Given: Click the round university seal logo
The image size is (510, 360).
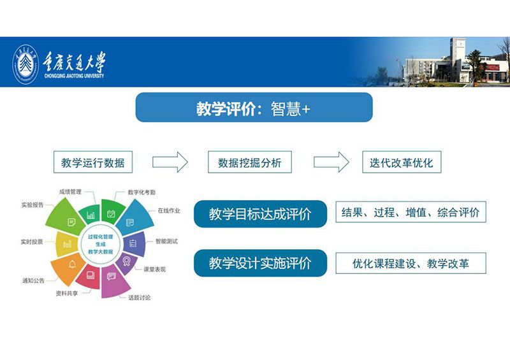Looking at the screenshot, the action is [25, 64].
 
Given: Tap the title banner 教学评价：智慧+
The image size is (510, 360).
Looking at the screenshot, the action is [254, 107].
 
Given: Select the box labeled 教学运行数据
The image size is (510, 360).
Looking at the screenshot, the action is [93, 162].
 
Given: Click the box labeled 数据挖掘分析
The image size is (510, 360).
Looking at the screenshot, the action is [250, 162].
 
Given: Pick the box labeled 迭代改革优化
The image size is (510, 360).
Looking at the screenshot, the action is [402, 162].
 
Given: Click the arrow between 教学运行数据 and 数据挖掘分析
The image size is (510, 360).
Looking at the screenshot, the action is [170, 162].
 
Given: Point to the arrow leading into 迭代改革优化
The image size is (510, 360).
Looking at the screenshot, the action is [331, 162].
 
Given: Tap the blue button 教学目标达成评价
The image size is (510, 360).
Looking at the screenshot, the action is [260, 214].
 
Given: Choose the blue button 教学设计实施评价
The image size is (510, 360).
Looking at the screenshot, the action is [260, 263].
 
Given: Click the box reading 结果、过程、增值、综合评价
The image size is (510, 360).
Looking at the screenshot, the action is [411, 212].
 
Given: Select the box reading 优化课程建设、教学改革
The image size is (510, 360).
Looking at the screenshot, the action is [411, 263].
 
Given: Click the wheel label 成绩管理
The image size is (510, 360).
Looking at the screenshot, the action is [70, 192].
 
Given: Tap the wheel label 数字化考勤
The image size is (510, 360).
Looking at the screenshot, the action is [142, 192].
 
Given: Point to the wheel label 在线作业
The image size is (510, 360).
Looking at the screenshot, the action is [169, 211].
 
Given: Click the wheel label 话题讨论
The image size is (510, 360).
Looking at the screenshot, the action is [139, 298].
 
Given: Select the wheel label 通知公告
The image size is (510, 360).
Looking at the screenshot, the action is [33, 280].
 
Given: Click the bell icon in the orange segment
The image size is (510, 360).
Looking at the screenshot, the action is [73, 264].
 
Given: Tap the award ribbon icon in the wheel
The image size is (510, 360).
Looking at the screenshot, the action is [126, 261].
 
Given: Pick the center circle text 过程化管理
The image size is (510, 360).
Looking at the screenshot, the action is [101, 237].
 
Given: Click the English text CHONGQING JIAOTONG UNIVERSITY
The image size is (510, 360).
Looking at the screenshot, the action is [74, 76].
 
